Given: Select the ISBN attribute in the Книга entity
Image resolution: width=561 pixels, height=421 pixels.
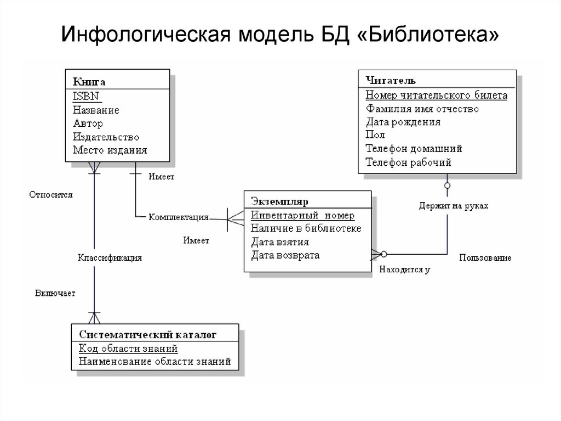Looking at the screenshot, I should [87, 96].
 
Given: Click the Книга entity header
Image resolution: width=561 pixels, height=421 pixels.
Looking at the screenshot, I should [89, 82].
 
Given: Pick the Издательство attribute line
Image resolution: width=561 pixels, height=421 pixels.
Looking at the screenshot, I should [106, 137].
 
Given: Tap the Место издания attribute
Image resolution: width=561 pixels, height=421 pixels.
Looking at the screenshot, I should [110, 150].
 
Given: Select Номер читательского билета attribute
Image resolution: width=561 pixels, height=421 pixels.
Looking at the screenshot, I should [436, 96].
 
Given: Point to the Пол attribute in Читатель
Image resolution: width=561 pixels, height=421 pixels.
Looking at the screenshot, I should [375, 135].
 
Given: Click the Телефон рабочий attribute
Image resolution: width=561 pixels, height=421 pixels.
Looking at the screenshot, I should [408, 162].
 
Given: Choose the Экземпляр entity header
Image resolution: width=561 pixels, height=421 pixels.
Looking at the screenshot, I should [280, 201].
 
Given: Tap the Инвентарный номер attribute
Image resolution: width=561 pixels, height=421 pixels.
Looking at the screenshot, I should [302, 215].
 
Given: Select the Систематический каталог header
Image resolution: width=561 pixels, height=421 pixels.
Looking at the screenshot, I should [148, 334].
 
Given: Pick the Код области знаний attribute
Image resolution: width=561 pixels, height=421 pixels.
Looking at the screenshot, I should [128, 348].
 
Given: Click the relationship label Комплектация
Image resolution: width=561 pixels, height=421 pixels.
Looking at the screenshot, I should [179, 217].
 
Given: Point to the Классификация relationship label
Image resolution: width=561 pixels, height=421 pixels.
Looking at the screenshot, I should [110, 257].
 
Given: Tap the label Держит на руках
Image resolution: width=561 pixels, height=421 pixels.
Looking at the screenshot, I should [453, 205].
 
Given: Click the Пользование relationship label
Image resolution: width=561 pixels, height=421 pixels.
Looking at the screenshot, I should [485, 257].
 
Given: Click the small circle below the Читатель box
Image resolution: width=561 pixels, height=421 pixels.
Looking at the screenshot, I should [448, 186].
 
